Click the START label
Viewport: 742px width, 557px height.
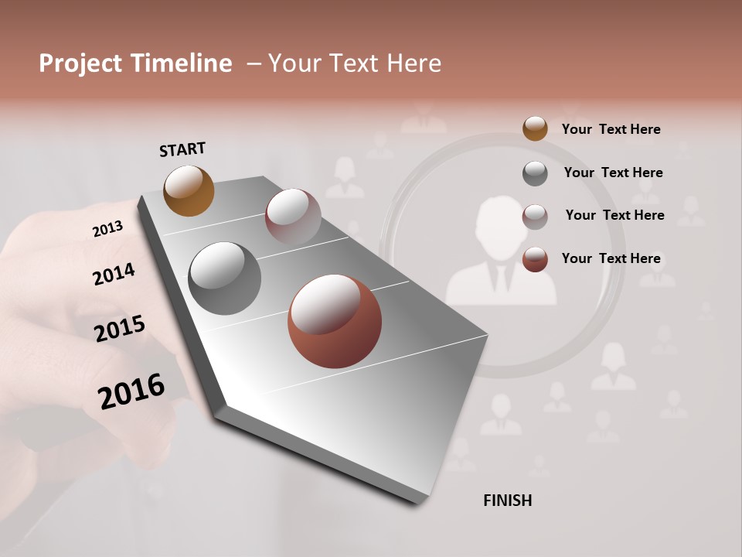[182, 149]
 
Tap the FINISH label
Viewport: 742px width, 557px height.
[507, 501]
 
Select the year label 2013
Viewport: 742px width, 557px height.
[107, 228]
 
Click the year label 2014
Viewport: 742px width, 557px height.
[114, 274]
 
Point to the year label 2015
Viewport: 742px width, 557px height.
[120, 329]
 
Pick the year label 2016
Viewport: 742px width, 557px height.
[131, 391]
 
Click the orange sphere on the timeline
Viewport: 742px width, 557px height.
[189, 190]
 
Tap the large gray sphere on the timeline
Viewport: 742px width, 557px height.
[224, 278]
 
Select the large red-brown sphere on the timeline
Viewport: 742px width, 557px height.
[334, 321]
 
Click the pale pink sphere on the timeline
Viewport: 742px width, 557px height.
[293, 216]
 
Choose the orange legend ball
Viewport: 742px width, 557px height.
[535, 128]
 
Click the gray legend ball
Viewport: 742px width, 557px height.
[535, 173]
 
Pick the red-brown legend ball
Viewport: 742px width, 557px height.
[535, 259]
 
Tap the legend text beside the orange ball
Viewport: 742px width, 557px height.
[611, 129]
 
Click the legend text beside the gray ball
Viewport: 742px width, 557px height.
[613, 173]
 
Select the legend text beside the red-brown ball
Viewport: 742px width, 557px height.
[611, 258]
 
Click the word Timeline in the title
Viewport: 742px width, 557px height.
[182, 63]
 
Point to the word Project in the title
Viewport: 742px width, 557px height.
[80, 63]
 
